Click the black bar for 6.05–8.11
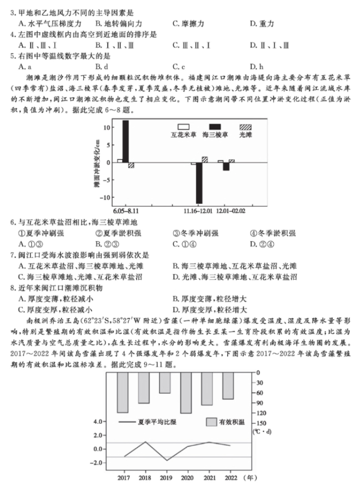pyautogui.click(x=125, y=141)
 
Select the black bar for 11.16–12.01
pyautogui.click(x=199, y=182)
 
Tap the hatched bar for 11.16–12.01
pyautogui.click(x=204, y=160)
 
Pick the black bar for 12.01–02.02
pyautogui.click(x=226, y=166)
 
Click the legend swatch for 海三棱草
pyautogui.click(x=214, y=127)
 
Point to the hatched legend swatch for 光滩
pyautogui.click(x=245, y=127)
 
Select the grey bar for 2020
pyautogui.click(x=186, y=393)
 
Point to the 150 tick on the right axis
pyautogui.click(x=260, y=423)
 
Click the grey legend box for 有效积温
pyautogui.click(x=211, y=422)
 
